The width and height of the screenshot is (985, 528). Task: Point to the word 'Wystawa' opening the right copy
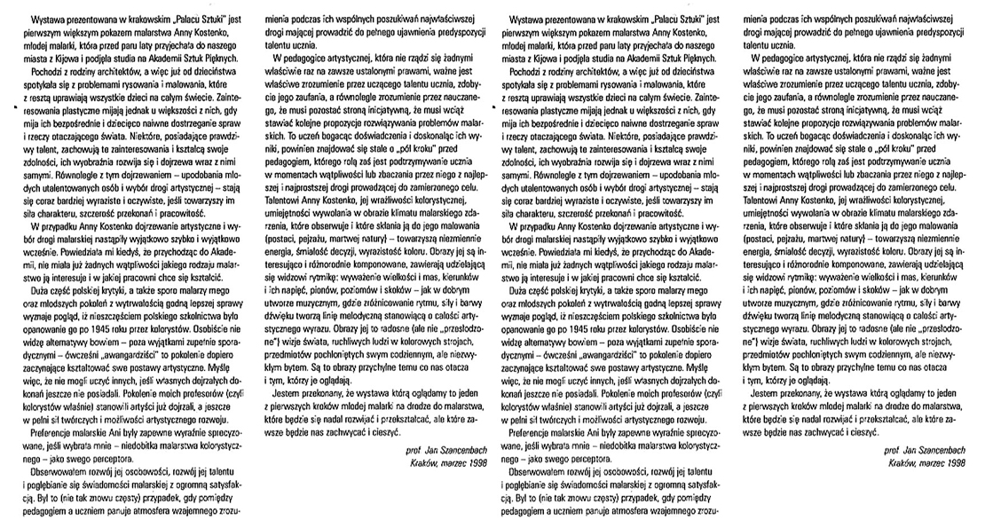coord(526,17)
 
